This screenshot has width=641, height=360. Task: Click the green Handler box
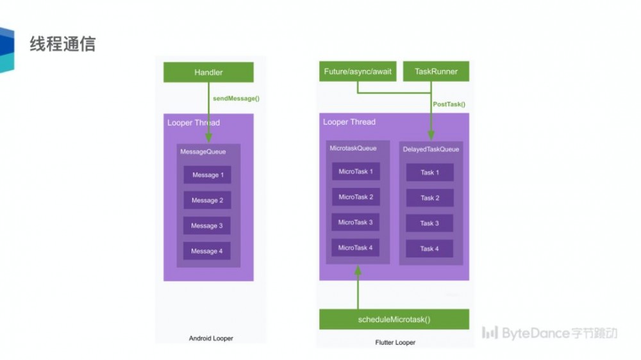[x=208, y=72]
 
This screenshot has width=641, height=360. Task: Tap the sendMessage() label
[x=236, y=99]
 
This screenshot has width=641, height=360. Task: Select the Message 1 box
[x=207, y=175]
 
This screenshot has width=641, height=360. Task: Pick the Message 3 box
[x=207, y=225]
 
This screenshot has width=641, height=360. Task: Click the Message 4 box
[x=207, y=251]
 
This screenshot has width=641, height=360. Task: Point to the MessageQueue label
[x=202, y=152]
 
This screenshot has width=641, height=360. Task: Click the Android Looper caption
[x=211, y=338]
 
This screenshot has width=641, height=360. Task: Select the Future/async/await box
[x=357, y=72]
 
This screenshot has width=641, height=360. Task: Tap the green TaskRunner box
[x=436, y=72]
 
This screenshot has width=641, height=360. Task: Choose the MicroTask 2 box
[x=356, y=197]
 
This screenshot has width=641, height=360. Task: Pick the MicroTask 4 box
[x=356, y=248]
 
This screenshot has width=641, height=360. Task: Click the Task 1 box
[x=429, y=172]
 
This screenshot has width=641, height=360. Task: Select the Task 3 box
[x=429, y=224]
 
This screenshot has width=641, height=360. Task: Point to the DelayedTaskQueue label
[x=431, y=149]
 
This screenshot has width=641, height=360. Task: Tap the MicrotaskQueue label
[x=353, y=148]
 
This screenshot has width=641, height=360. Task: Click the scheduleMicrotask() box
[x=394, y=319]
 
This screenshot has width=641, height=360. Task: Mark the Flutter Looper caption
[x=395, y=343]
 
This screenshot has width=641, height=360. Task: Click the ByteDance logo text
[x=550, y=333]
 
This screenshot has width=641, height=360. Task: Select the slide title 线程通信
[x=63, y=44]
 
